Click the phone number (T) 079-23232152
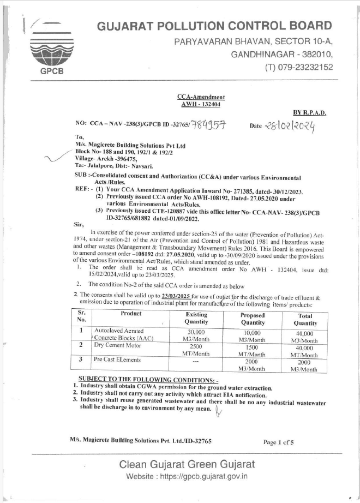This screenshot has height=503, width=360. (298, 67)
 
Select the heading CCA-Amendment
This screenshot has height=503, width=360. (201, 97)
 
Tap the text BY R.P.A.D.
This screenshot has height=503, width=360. (310, 113)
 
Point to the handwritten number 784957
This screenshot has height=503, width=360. (208, 126)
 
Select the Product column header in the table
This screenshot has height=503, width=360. (129, 314)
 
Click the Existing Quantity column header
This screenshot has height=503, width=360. (196, 318)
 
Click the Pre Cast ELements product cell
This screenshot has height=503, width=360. (117, 360)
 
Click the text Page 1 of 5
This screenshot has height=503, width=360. (278, 442)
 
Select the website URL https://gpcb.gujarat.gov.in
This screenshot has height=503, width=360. (187, 476)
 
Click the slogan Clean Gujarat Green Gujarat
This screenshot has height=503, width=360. (187, 465)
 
